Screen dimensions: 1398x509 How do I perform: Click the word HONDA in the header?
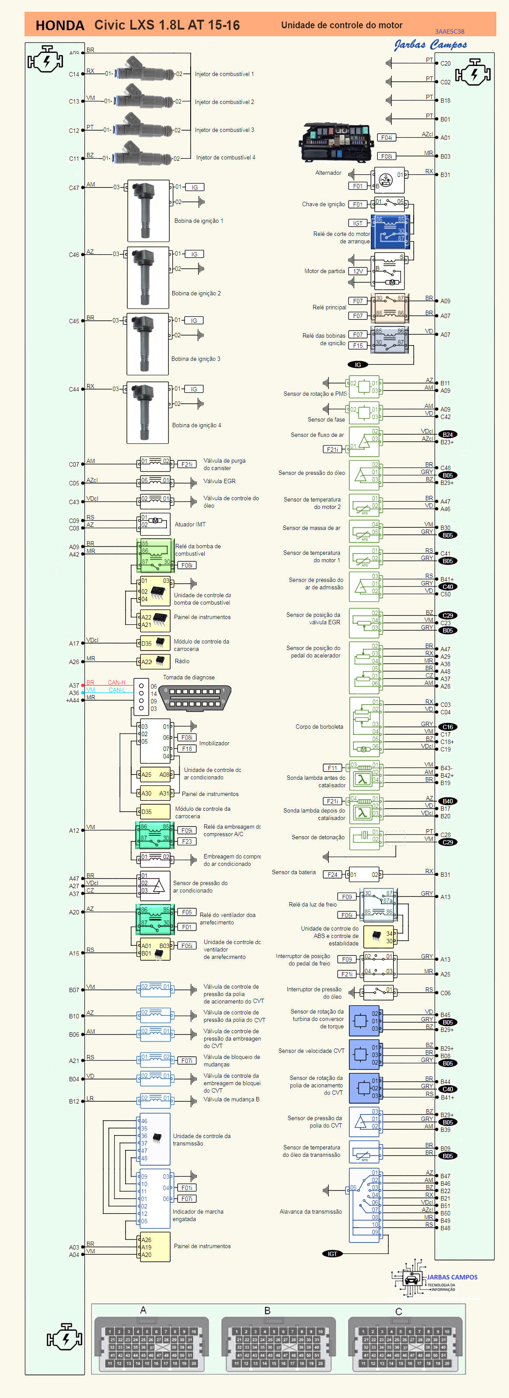coord(60,25)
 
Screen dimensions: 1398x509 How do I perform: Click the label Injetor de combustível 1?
coord(224,74)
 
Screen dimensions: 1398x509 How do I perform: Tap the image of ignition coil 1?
coord(147,210)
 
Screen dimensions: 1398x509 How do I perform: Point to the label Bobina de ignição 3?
coord(195,359)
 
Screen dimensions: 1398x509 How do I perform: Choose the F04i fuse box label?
coord(386,138)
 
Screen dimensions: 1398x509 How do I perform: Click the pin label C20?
coord(446,63)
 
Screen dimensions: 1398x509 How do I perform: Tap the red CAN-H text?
coord(116,682)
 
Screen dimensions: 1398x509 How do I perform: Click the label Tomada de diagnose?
coord(188,677)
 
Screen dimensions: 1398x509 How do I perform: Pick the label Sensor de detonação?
coord(318,837)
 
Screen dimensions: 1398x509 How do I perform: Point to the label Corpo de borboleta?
coord(319,727)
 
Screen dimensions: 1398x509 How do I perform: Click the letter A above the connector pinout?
coord(143,1310)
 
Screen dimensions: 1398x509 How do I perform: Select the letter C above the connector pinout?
coord(398,1311)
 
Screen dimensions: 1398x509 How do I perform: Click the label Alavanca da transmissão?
coord(311,1211)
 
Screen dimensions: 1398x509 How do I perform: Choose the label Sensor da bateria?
coord(293,872)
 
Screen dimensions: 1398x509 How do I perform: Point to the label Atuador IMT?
coord(190,524)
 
